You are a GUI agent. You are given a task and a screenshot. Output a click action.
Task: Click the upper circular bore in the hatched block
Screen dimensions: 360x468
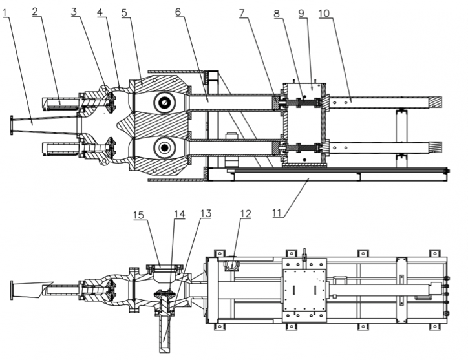click(164, 101)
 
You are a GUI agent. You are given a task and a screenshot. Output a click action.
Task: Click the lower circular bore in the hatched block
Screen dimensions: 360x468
click(164, 148)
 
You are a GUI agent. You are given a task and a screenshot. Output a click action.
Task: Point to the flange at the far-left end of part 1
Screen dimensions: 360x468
click(11, 125)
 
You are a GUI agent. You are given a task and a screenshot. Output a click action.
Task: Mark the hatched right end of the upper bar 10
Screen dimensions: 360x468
click(436, 101)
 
